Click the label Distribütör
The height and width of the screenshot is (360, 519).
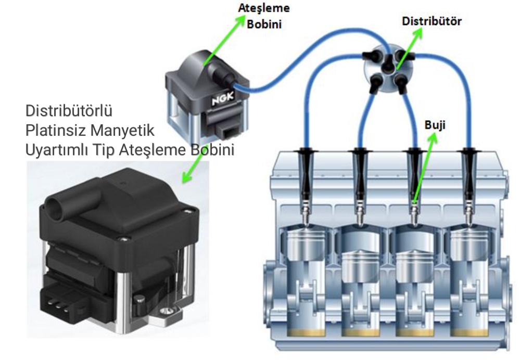point(432,22)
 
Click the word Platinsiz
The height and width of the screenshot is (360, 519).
point(47,131)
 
